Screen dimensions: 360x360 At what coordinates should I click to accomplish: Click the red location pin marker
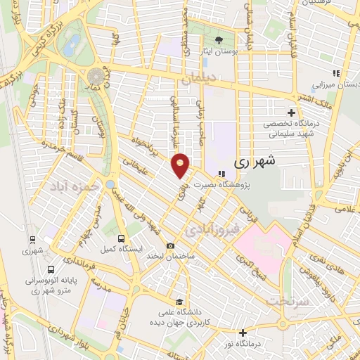[181, 165]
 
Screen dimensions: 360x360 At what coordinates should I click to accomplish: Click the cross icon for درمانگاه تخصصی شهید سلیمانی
[292, 112]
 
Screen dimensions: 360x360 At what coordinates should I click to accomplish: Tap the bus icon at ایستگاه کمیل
[121, 239]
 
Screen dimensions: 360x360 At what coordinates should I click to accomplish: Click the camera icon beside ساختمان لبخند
[170, 245]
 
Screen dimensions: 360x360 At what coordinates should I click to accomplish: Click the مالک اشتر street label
[308, 97]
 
